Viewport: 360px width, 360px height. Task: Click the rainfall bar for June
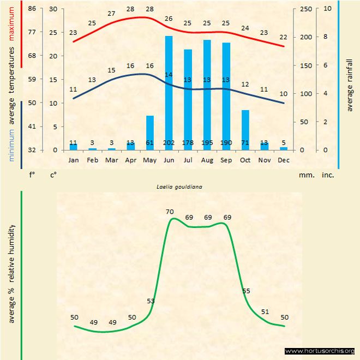tap(169, 93)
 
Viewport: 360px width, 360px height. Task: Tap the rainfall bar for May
tap(149, 133)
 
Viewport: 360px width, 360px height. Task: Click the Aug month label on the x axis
tap(207, 160)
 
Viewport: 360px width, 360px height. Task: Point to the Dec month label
tap(284, 160)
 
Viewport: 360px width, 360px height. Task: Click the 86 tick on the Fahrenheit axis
tap(32, 9)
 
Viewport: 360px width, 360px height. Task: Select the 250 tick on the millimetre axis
tap(307, 9)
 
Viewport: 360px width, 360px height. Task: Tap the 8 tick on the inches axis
tap(326, 37)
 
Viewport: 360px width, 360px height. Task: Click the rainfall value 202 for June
tap(169, 143)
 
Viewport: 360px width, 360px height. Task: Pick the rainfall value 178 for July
tap(188, 143)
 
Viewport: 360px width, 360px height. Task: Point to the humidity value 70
tap(170, 212)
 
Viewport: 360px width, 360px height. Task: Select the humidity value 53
tap(151, 301)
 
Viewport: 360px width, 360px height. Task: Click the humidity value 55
tap(246, 291)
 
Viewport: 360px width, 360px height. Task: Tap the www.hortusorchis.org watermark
tap(320, 351)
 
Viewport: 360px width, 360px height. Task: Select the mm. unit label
tap(305, 176)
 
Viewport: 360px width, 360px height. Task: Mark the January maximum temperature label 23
tap(73, 33)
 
